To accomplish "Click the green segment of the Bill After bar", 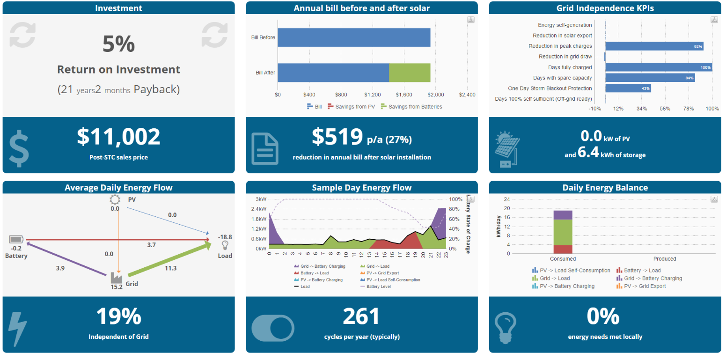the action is (x=410, y=73).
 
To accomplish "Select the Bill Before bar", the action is (x=354, y=37).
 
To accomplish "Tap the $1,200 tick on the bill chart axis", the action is (x=373, y=95).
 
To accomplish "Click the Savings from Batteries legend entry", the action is (x=411, y=107).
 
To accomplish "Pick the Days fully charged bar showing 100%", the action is (x=659, y=67).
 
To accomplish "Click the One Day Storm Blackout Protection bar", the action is (x=628, y=88).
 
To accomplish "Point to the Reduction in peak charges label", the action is (x=560, y=46).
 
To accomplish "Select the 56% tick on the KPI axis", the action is (x=665, y=109).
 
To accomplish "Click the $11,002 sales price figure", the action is (x=118, y=136).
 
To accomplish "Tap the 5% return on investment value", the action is (x=118, y=44).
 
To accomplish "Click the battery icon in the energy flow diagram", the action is (x=16, y=240).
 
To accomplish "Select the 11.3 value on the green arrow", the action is (x=170, y=268).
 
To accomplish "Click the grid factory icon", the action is (x=117, y=278).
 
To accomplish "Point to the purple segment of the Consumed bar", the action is (x=563, y=215).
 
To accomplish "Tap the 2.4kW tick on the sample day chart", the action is (x=259, y=209).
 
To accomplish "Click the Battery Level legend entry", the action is (x=375, y=287).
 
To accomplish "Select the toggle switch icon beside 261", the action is (x=273, y=328).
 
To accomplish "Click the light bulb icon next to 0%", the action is (x=505, y=328).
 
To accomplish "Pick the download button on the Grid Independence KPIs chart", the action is (x=714, y=20).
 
